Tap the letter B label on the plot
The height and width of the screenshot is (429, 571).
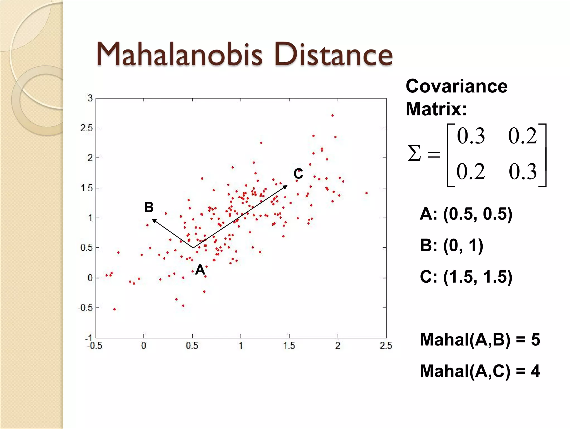click(149, 207)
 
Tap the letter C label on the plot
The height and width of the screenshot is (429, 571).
click(298, 174)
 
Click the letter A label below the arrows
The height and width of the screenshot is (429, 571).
click(200, 270)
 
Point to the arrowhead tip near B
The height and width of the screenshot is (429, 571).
click(152, 219)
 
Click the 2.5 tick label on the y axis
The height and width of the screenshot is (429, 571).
click(86, 128)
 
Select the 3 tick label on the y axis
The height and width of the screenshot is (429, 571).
click(90, 98)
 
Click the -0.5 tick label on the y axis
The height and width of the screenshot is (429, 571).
click(85, 308)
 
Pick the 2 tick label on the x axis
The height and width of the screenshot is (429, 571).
click(338, 346)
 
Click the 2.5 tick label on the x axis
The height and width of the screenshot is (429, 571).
click(386, 346)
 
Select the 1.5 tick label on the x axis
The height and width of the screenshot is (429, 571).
click(289, 346)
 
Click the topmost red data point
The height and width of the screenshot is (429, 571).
click(332, 115)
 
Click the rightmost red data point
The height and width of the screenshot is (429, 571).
click(366, 193)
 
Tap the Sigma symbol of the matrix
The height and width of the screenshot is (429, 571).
click(414, 154)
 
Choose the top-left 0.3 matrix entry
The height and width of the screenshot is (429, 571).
click(471, 136)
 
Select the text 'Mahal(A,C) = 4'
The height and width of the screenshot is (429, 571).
click(480, 371)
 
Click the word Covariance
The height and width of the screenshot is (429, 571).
click(456, 86)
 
